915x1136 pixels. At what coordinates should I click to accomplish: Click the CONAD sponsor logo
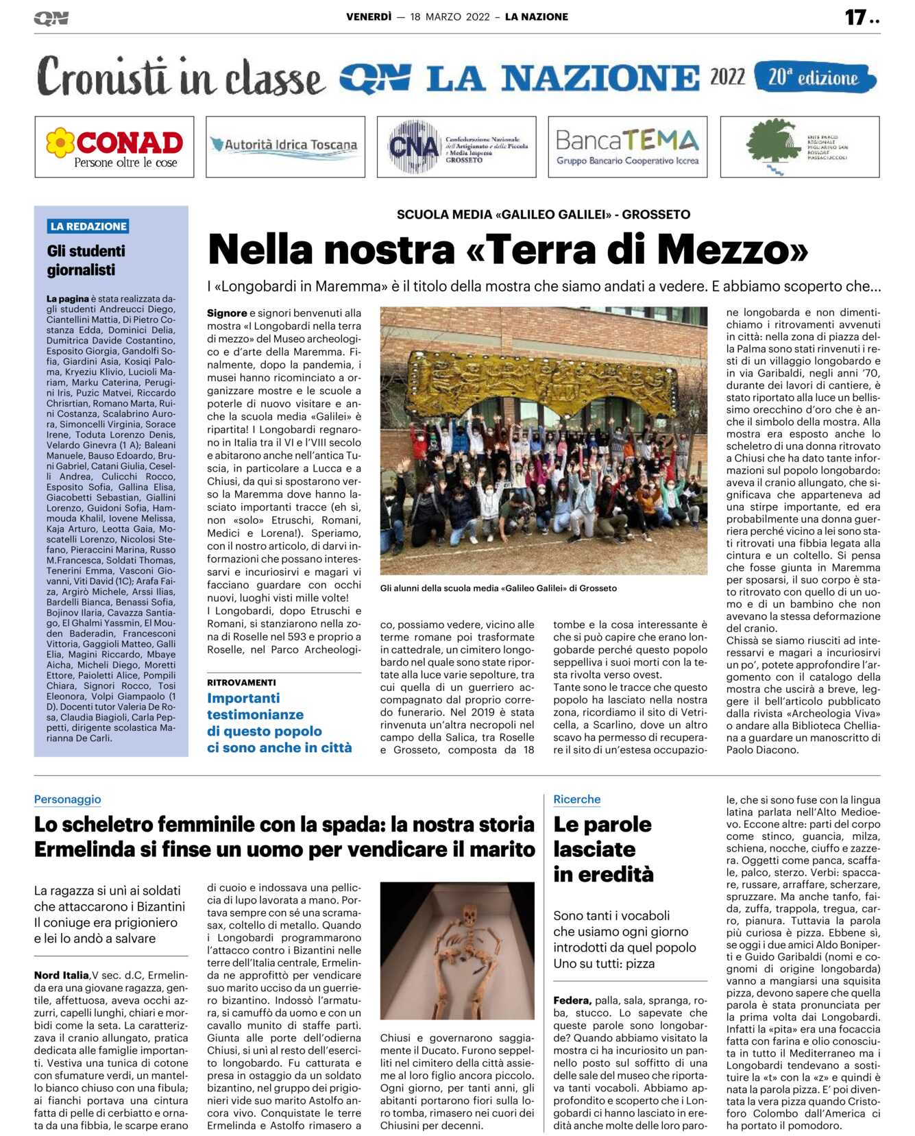click(x=114, y=147)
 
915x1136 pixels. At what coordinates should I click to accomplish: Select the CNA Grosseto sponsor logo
click(x=456, y=147)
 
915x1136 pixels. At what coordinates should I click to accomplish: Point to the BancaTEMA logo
click(x=627, y=147)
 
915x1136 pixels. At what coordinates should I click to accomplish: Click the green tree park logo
click(x=798, y=147)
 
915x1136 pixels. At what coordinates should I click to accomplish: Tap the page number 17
click(x=855, y=17)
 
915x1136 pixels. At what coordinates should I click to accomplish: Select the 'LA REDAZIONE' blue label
click(x=88, y=226)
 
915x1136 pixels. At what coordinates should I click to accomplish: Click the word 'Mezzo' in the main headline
click(x=731, y=250)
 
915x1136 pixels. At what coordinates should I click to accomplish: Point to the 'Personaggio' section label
click(x=67, y=799)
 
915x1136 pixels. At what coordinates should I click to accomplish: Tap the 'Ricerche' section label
click(x=576, y=799)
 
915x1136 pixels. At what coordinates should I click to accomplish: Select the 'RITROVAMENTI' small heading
click(x=241, y=682)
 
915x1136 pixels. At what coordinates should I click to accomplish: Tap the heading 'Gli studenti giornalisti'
click(x=86, y=261)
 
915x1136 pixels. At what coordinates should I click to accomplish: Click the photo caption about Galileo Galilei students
click(x=498, y=588)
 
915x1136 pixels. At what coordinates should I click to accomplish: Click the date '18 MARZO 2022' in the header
click(x=450, y=17)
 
